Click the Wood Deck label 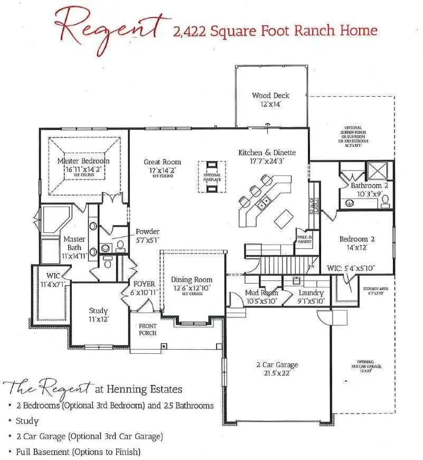pos(270,96)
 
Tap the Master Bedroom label pos(83,161)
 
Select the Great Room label pos(162,162)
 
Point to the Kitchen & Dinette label pos(267,153)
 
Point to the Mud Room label pos(261,293)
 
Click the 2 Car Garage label pos(277,364)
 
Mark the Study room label pos(98,311)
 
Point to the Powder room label pos(147,232)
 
